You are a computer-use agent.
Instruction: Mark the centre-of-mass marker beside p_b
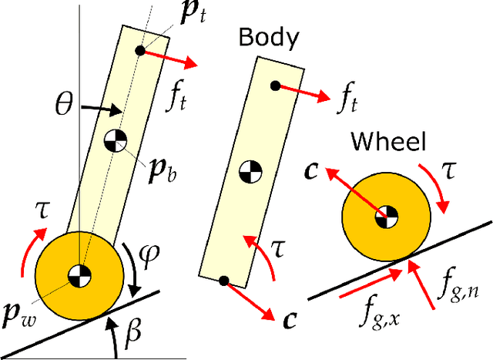click(115, 141)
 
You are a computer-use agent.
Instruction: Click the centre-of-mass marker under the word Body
click(248, 170)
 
